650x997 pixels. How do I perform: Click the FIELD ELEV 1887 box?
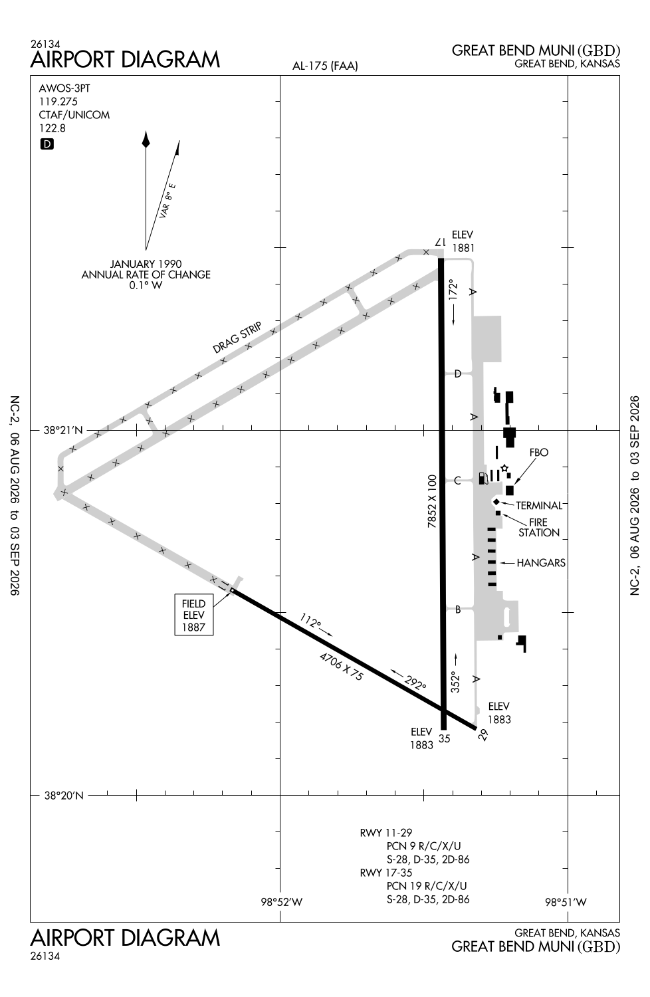193,615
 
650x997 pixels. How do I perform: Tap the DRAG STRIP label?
237,338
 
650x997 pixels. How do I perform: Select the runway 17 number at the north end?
440,242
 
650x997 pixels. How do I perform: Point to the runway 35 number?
445,738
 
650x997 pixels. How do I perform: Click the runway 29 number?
483,734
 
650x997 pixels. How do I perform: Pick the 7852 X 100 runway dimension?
432,501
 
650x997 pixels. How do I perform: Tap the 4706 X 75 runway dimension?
342,666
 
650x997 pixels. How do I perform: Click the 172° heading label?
453,289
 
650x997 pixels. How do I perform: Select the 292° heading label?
415,683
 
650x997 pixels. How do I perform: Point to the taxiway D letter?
458,374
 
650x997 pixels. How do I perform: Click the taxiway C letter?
457,481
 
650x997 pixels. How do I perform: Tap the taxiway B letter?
458,609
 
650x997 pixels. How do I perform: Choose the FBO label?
539,452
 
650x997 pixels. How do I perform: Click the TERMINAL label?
539,506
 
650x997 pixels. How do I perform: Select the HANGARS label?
541,563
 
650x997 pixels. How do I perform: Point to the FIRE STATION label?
539,528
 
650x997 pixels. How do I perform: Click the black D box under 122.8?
47,144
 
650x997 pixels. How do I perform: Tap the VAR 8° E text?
167,200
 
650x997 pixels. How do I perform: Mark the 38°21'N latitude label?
63,431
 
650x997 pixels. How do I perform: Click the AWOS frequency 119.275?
58,102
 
